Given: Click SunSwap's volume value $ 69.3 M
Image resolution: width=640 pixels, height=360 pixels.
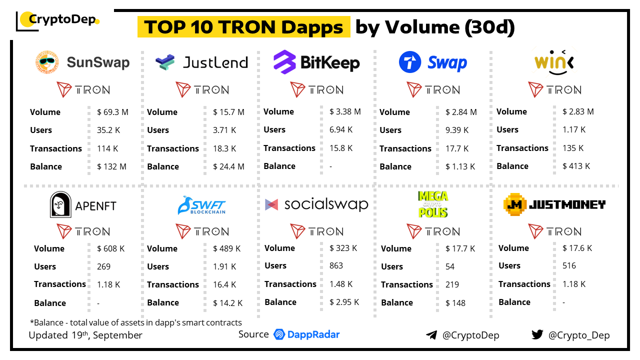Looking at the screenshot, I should (x=112, y=112).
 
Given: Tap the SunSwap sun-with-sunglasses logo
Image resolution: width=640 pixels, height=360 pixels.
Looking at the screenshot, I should (x=47, y=62).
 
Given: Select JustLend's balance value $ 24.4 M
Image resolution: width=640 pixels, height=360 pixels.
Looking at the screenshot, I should (x=228, y=166).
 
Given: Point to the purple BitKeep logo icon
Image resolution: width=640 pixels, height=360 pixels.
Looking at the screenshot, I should (x=284, y=62).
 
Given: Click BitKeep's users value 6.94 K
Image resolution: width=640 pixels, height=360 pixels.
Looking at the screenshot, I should (x=341, y=129).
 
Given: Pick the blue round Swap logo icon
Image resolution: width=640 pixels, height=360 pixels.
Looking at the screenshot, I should (x=410, y=63).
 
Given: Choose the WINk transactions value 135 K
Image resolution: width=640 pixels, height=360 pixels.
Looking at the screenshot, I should (x=573, y=148).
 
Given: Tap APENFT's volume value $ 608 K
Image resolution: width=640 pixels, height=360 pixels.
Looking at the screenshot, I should (x=110, y=248).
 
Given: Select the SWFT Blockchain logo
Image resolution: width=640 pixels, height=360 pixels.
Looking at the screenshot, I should (x=201, y=205).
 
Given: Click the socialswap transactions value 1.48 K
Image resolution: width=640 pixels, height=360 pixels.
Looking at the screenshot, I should (x=341, y=284).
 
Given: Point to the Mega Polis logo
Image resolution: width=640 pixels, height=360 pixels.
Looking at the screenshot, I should (x=433, y=204).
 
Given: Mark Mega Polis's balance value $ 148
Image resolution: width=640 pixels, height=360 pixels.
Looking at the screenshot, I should (x=455, y=302).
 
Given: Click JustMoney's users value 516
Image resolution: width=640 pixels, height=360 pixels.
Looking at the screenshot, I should (x=569, y=265).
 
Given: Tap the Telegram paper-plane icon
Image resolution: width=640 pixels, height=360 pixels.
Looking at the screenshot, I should (x=431, y=335).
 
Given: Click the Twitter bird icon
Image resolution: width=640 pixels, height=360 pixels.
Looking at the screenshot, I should (x=537, y=334).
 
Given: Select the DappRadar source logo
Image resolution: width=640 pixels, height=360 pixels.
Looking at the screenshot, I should (x=306, y=334).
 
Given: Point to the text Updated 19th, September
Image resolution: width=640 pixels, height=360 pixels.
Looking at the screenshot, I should (x=85, y=335).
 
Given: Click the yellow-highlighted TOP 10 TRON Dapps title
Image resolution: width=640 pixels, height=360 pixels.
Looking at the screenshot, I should (x=243, y=27).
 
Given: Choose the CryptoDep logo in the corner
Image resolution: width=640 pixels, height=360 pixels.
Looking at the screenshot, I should (x=57, y=20).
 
